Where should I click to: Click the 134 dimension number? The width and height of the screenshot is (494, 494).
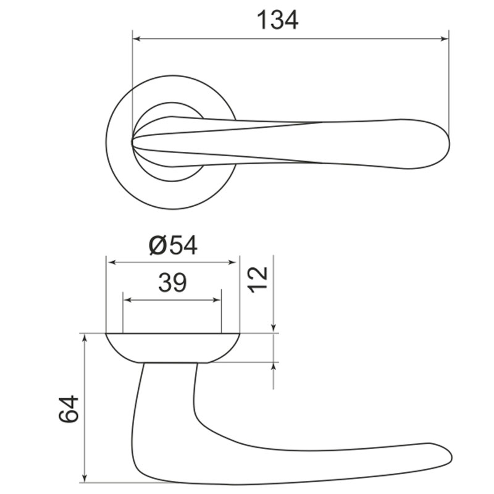277,20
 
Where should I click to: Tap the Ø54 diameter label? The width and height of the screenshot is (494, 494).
173,245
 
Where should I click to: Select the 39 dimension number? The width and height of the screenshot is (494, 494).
172,283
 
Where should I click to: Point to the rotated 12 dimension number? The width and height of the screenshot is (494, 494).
258,280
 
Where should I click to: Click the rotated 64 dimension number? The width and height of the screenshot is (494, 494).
69,409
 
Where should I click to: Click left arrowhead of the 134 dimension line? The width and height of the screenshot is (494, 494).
136,39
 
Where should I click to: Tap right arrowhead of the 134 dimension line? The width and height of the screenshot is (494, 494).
444,39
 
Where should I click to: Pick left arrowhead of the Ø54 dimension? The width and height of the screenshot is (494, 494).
111,262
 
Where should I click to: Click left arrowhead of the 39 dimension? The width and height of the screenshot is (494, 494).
127,300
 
